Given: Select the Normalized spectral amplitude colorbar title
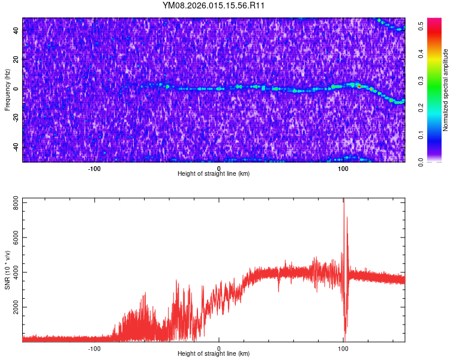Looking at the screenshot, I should click(446, 90).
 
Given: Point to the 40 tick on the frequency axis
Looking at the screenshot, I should click(16, 31).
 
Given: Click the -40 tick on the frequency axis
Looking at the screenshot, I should click(14, 147).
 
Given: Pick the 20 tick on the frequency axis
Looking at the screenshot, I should click(16, 59).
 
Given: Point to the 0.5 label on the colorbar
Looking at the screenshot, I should click(422, 26).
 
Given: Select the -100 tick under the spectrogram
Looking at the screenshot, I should click(94, 168).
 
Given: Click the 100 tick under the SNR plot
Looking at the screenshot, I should click(343, 348).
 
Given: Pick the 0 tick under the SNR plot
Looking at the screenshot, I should click(218, 348).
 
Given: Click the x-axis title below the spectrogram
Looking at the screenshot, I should click(214, 174).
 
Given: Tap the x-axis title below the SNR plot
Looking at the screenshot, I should click(214, 354).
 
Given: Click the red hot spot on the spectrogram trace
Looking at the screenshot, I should click(359, 87).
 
